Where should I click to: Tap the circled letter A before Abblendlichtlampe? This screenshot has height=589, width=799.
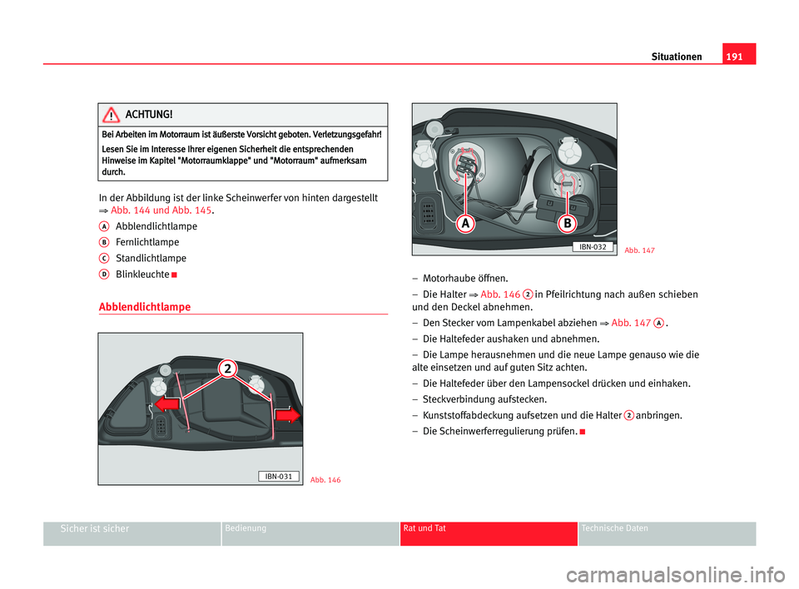tap(105, 225)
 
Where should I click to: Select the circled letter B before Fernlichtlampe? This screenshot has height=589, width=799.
tap(105, 241)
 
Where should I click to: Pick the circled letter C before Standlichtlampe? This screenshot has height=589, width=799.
tap(105, 257)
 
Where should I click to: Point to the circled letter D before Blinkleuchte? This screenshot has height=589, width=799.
tap(105, 273)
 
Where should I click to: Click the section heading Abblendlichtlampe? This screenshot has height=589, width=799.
tap(144, 307)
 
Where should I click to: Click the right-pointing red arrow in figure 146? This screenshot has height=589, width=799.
tap(288, 415)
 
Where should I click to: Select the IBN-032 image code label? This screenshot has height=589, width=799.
tap(593, 247)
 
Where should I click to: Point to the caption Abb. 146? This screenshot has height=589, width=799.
tap(325, 480)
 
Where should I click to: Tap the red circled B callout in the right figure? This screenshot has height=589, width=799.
tap(567, 225)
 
